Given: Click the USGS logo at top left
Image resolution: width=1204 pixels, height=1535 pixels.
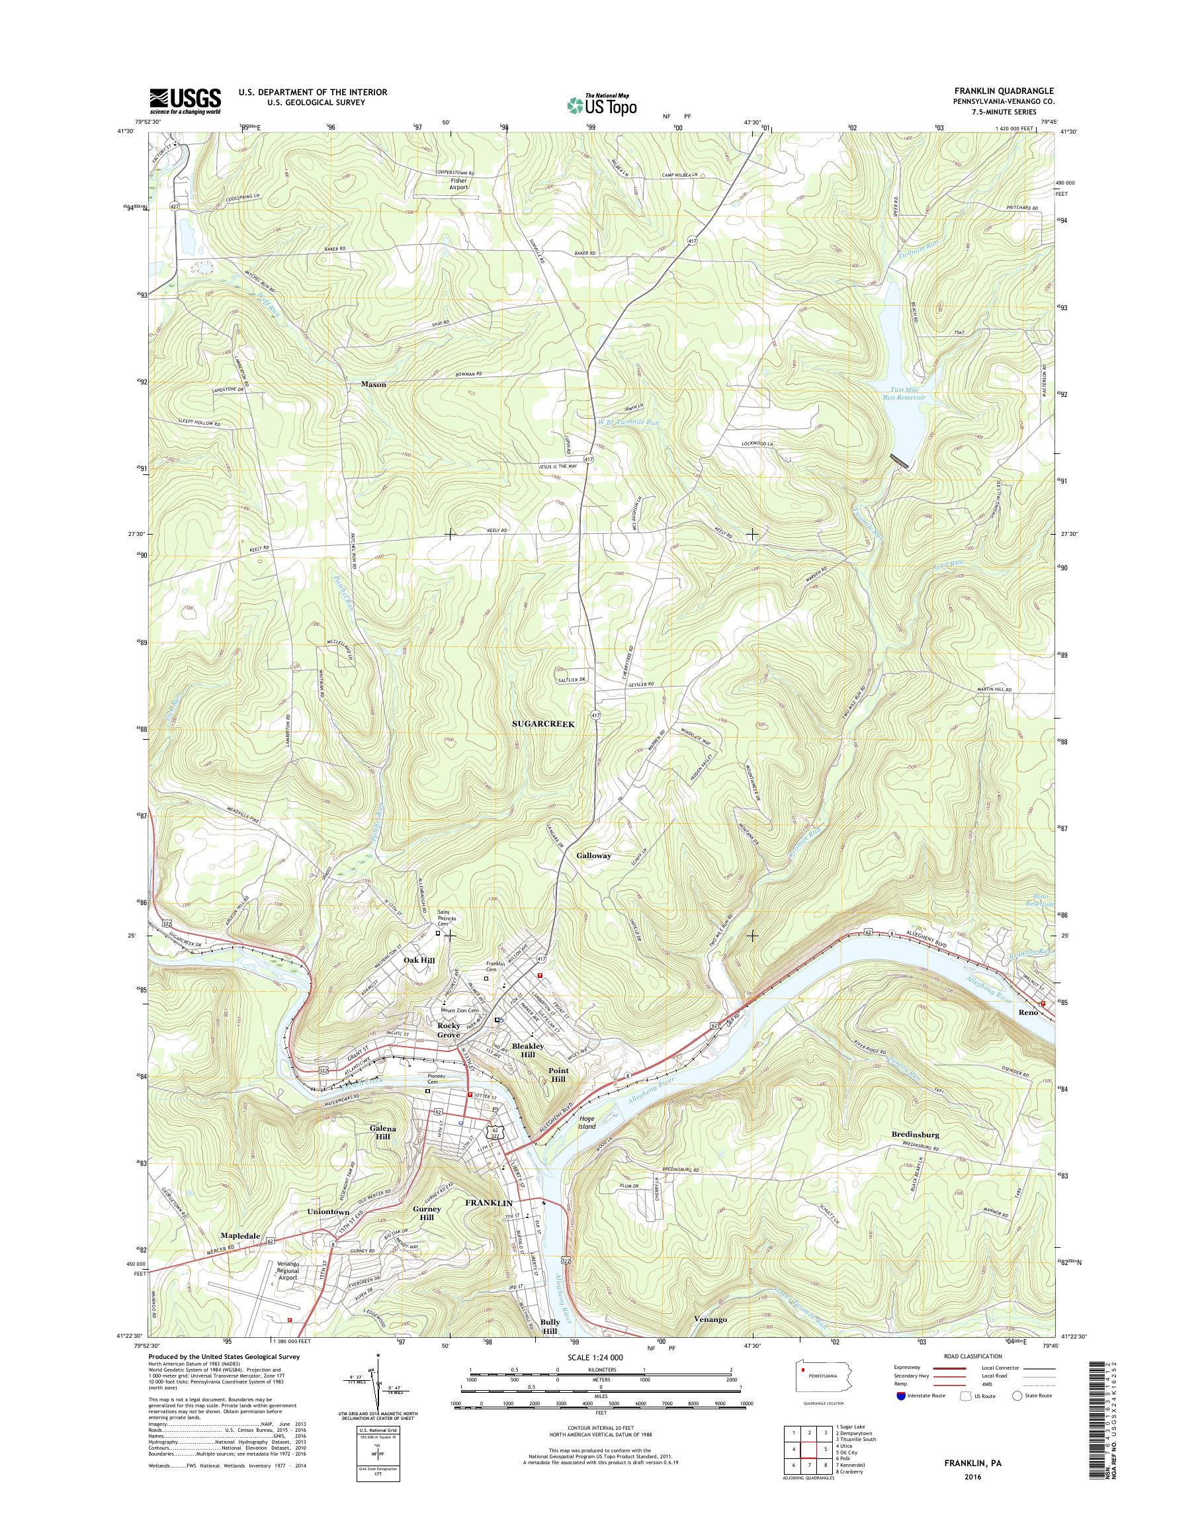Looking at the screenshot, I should tap(185, 101).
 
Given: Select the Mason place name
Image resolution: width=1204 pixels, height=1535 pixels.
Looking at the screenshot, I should tap(374, 384).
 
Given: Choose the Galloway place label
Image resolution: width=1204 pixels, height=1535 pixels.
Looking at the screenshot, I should tap(593, 855).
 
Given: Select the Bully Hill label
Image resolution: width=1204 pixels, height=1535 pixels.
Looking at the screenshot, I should tap(550, 1327).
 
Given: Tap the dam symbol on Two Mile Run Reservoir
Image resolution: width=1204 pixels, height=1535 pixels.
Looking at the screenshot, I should tap(900, 461).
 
